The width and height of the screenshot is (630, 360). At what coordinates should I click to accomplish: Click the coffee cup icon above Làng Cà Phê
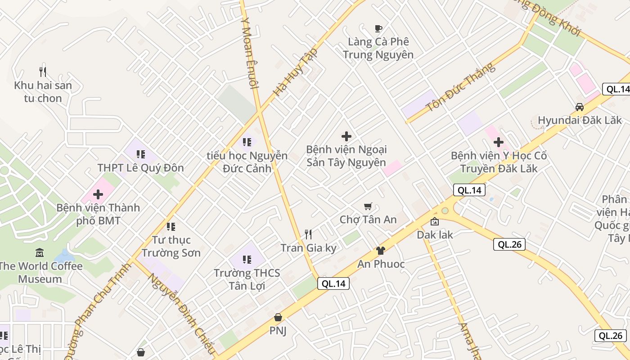(378, 29)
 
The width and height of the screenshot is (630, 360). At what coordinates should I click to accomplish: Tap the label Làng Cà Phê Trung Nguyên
(378, 49)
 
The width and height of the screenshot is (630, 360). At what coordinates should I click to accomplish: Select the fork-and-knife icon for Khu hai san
(43, 72)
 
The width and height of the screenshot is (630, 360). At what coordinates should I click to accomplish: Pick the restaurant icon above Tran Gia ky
(308, 234)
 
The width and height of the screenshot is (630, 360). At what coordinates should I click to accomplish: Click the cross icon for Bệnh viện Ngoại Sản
(346, 136)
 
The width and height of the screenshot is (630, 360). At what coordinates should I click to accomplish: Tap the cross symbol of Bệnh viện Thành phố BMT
(98, 194)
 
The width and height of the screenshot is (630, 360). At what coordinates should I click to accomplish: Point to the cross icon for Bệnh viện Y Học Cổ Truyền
(499, 143)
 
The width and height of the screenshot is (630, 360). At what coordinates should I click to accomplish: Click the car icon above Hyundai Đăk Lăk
(580, 107)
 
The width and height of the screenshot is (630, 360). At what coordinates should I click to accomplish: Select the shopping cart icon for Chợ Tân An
(368, 207)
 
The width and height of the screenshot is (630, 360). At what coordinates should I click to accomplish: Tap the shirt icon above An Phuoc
(381, 251)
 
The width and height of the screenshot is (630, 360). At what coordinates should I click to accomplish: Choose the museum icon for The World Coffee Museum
(40, 253)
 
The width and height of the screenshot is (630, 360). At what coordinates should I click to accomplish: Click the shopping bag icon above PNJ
(278, 317)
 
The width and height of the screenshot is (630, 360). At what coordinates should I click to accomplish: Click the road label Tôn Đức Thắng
(460, 87)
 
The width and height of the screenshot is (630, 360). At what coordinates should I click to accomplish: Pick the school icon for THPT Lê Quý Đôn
(141, 155)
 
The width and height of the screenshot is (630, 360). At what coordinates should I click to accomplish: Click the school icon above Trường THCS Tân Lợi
(247, 260)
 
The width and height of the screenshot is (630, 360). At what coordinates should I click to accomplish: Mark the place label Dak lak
(435, 235)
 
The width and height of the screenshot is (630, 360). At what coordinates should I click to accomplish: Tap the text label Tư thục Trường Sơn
(171, 246)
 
